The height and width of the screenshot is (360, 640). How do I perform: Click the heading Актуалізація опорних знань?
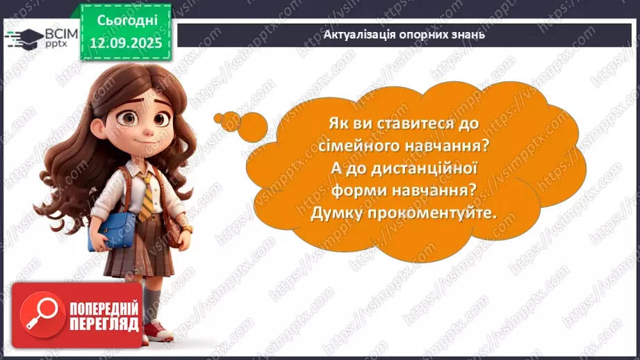(404, 34)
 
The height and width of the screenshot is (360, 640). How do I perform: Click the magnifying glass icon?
(40, 315)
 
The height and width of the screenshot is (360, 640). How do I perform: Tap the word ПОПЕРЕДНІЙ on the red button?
(104, 308)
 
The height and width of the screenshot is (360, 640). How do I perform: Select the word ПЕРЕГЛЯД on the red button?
(104, 324)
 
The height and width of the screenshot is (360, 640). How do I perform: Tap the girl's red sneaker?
(158, 331)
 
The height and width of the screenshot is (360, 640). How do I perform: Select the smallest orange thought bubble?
(219, 115)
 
